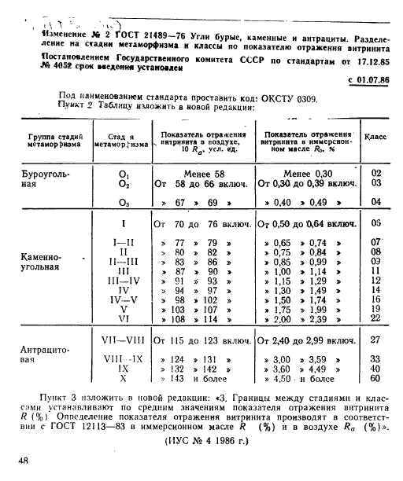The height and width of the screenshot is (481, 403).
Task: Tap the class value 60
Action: [375, 378]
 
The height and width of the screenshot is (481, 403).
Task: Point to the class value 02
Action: [375, 173]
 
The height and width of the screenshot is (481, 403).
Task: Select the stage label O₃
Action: [124, 202]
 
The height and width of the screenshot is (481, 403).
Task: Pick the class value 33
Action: [375, 358]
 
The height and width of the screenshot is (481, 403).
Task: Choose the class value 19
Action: [375, 308]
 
